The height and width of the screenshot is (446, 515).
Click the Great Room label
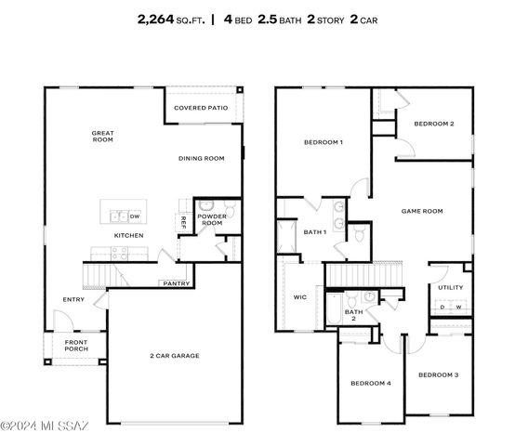pos(102,137)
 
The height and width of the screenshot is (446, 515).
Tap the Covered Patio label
pos(202,108)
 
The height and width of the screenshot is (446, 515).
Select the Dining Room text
pos(202,159)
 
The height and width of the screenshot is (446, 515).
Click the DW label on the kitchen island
pos(135,217)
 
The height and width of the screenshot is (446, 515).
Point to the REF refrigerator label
pos(183,221)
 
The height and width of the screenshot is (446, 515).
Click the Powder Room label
pos(211,220)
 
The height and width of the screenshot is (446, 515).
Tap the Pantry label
pos(176,283)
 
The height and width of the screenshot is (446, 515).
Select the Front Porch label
pos(76,347)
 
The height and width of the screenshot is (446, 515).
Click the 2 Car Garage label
pos(175,356)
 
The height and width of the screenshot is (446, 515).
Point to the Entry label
pos(73,299)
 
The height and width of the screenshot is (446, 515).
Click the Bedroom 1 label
pos(324,142)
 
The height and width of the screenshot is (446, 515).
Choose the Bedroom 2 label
pos(433,124)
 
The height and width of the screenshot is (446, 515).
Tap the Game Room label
pos(421,211)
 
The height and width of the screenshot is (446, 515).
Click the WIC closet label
pos(300,298)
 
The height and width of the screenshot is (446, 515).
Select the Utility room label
pos(450,288)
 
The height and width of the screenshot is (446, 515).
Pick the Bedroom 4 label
pos(370,383)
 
